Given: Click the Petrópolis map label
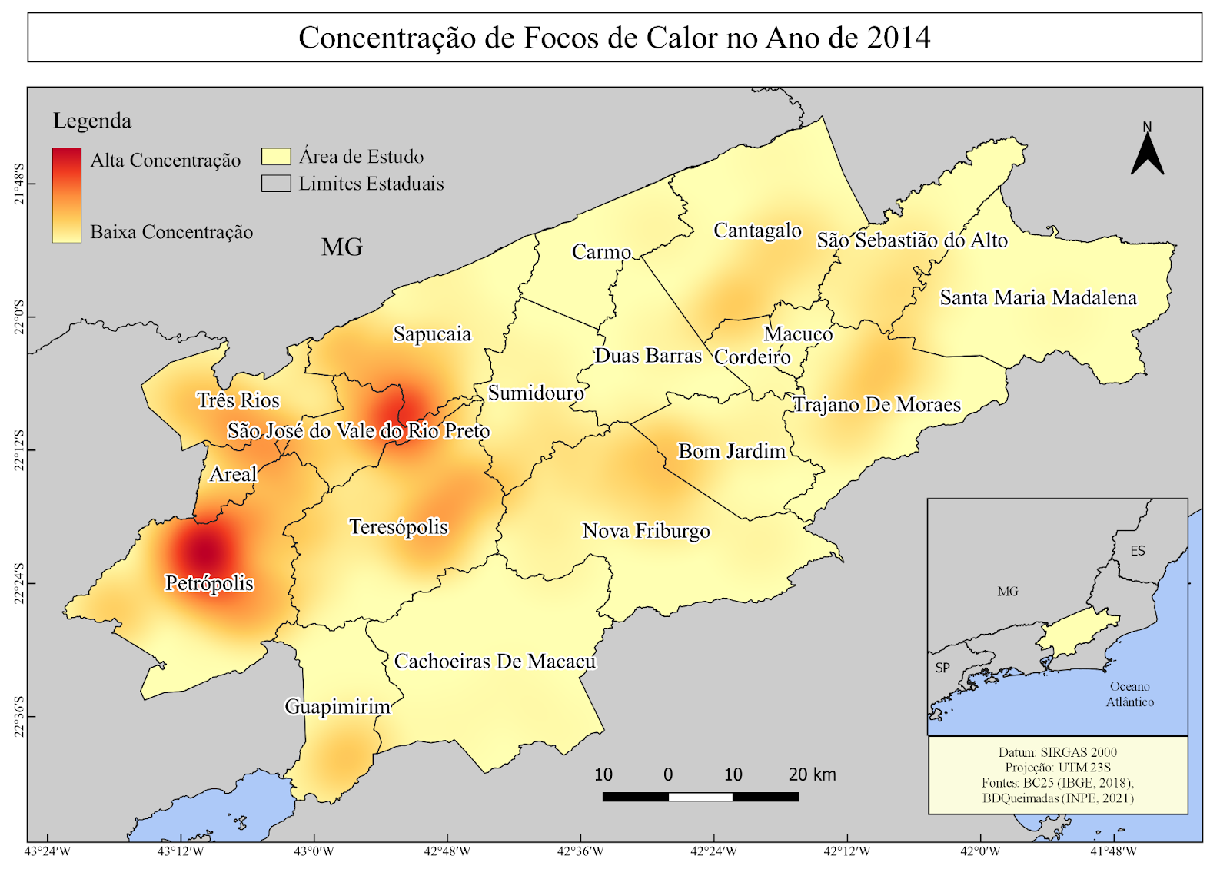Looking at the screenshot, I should (x=209, y=583).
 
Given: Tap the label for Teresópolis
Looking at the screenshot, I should (x=398, y=527).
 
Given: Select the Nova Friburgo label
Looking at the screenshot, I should (x=646, y=531).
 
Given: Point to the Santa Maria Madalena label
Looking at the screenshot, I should (x=1038, y=298).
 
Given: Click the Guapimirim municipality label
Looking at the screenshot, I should (x=337, y=706).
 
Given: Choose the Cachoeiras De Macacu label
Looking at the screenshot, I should (x=494, y=662).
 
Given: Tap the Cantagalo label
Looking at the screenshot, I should (x=757, y=231).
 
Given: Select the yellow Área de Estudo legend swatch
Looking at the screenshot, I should (x=276, y=157).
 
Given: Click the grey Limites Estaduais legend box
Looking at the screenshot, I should (x=276, y=184).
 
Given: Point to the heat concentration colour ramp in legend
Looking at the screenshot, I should (x=67, y=195).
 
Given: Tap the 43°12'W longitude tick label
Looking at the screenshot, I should (x=181, y=851).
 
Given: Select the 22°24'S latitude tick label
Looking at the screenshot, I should (x=18, y=584).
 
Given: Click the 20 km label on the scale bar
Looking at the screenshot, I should (x=812, y=774).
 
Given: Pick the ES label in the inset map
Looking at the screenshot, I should (x=1137, y=551).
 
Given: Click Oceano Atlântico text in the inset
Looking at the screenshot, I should (x=1129, y=694).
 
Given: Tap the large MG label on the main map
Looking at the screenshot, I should (x=342, y=247).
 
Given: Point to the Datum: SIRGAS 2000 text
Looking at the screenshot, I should (x=1057, y=752).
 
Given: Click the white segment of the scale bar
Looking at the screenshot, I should (x=700, y=797).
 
